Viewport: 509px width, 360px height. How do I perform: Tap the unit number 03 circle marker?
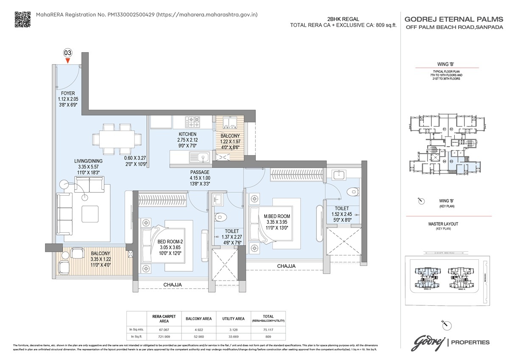pyautogui.click(x=67, y=53)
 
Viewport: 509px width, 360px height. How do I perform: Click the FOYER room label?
pyautogui.click(x=68, y=93)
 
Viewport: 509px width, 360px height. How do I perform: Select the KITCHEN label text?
pyautogui.click(x=188, y=135)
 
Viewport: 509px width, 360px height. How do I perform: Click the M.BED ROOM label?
pyautogui.click(x=277, y=217)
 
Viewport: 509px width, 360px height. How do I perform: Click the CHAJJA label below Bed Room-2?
pyautogui.click(x=173, y=284)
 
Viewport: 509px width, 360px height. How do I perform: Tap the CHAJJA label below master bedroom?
pyautogui.click(x=286, y=266)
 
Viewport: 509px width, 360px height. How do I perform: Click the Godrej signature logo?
pyautogui.click(x=428, y=341)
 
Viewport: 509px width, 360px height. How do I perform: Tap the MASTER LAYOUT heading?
pyautogui.click(x=443, y=224)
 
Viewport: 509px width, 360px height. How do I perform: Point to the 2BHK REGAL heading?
pyautogui.click(x=343, y=19)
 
